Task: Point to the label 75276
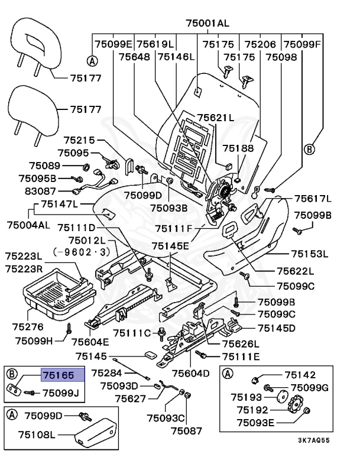(28, 326)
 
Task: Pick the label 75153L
(309, 254)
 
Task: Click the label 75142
(300, 375)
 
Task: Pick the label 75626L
(241, 344)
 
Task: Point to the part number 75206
(260, 44)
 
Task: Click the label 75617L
(313, 199)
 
